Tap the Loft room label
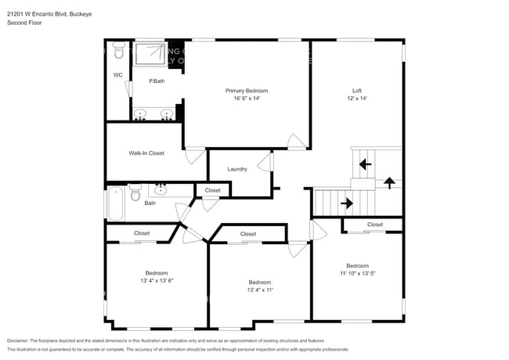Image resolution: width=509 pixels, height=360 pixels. (356, 91)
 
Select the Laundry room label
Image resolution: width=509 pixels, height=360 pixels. (237, 170)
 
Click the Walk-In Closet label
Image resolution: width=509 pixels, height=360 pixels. (146, 153)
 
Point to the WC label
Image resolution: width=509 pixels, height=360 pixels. (117, 75)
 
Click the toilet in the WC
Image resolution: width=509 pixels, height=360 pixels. (118, 52)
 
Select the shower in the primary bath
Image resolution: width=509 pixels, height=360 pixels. (150, 55)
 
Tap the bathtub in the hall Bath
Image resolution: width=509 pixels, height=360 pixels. (115, 203)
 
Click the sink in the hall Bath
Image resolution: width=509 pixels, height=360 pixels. (161, 189)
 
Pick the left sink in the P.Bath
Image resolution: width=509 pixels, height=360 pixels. (142, 114)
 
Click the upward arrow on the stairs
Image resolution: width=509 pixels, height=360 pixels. (389, 182)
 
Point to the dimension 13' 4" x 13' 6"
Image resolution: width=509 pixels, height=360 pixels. (156, 280)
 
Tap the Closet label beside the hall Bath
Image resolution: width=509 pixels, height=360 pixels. (212, 190)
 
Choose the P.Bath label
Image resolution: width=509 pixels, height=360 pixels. (157, 81)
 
